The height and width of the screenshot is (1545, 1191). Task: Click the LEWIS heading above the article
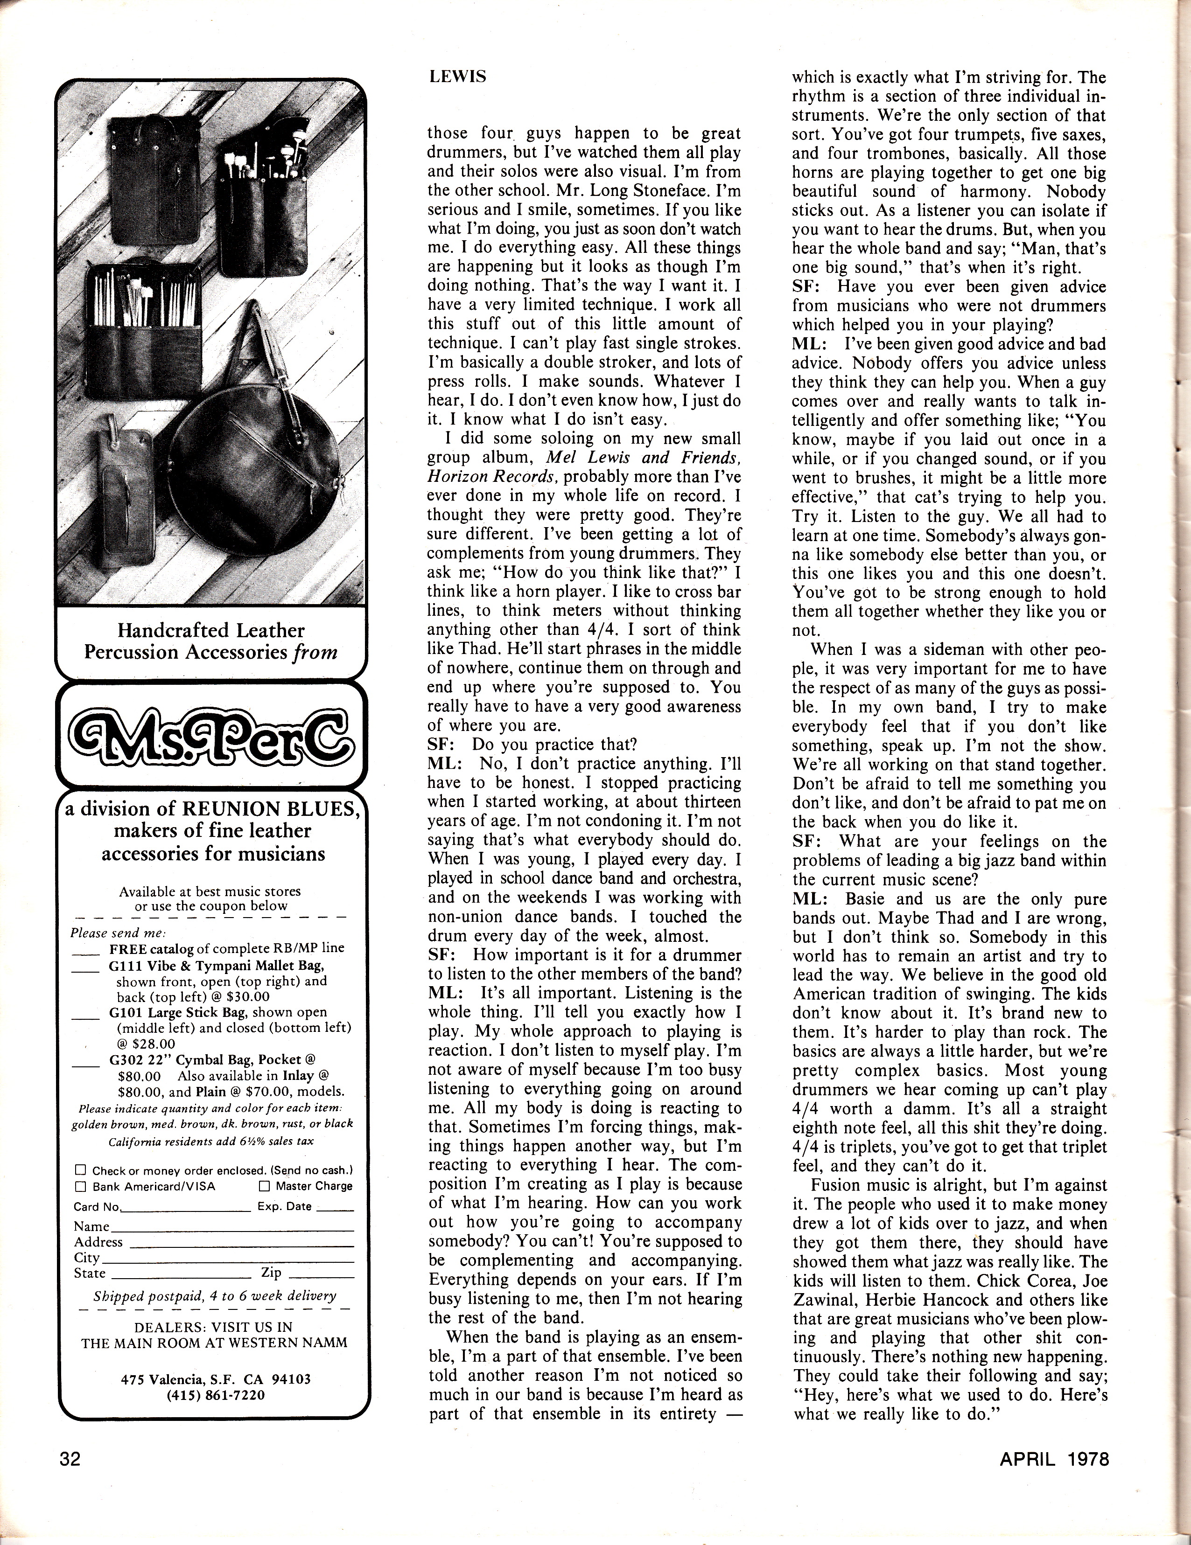457,77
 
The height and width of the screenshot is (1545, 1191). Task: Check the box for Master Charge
264,1186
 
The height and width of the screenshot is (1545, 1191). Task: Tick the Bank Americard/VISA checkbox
81,1186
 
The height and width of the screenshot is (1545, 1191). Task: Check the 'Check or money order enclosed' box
81,1170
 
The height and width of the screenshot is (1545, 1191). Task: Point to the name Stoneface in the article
651,190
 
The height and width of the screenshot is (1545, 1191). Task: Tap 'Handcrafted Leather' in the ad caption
211,630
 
